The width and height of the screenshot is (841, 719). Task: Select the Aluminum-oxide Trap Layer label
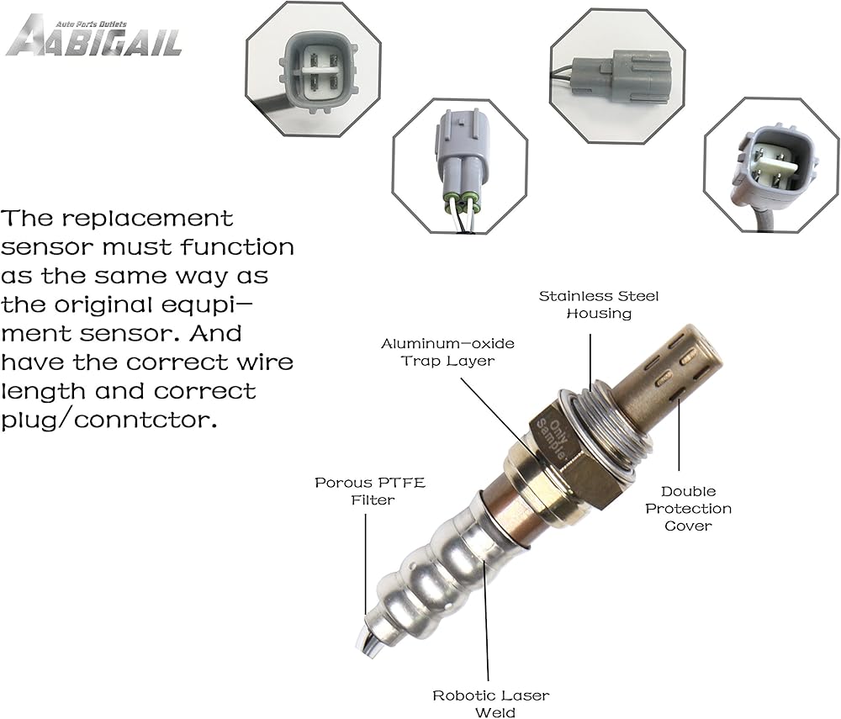[447, 352]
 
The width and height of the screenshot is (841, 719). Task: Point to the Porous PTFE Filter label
[370, 491]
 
